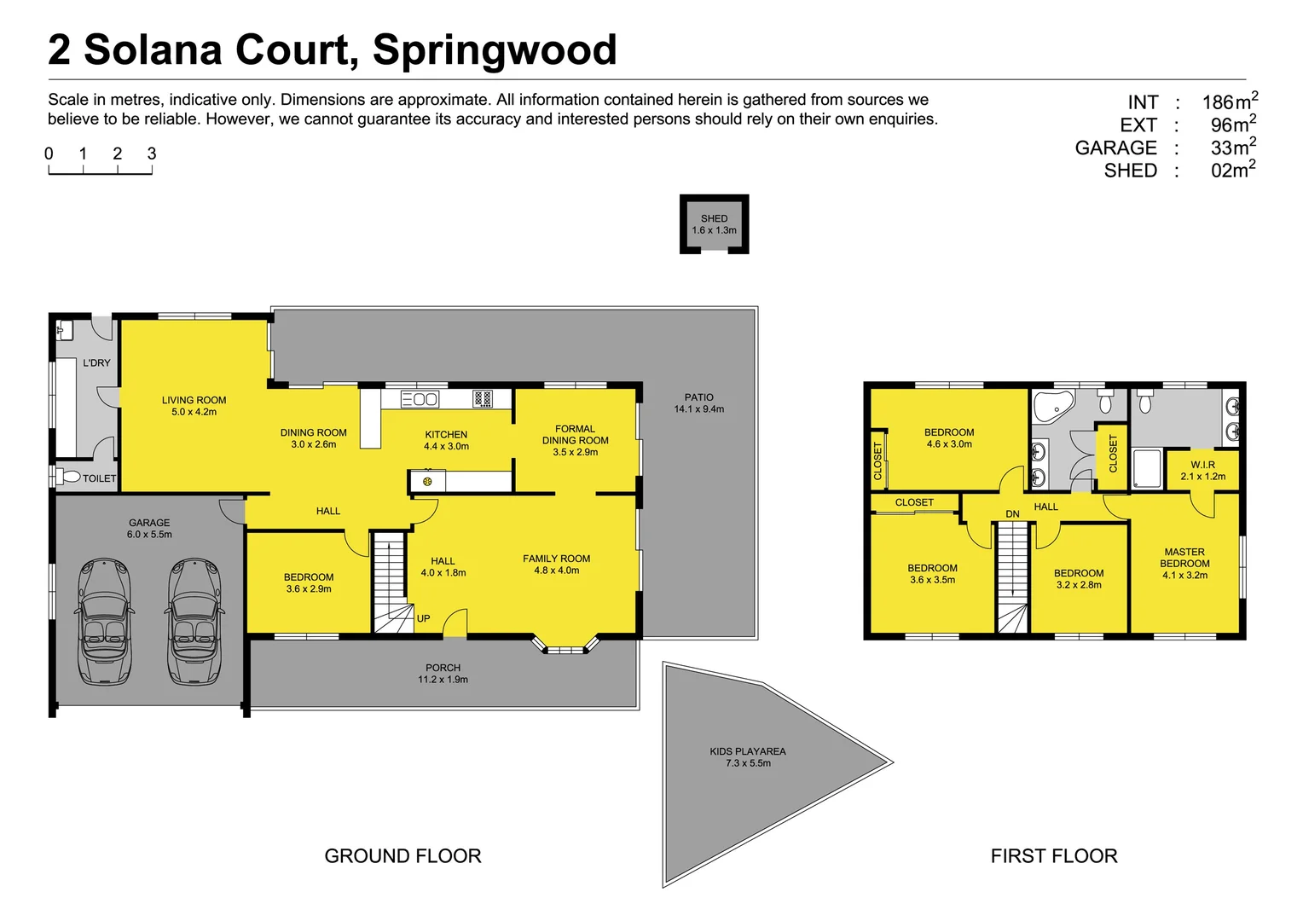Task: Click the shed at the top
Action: pos(714,224)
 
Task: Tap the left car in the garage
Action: pos(104,621)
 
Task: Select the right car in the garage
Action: pos(194,621)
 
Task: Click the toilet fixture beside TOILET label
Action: pos(69,477)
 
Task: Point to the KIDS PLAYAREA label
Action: pos(748,751)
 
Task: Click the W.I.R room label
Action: pos(1202,465)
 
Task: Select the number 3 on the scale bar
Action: pos(152,154)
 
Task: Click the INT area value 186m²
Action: pos(1230,101)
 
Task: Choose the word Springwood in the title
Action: pos(495,49)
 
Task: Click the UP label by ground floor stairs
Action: pos(423,618)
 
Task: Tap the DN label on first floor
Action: pos(1012,514)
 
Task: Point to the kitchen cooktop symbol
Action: pos(483,398)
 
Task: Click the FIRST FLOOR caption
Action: pos(1053,856)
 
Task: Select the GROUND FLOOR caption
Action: pos(402,856)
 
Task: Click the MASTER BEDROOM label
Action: pos(1184,558)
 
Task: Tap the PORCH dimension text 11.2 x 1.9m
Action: pos(443,680)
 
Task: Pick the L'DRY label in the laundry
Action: pos(96,362)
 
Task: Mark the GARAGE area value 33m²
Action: pos(1233,148)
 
